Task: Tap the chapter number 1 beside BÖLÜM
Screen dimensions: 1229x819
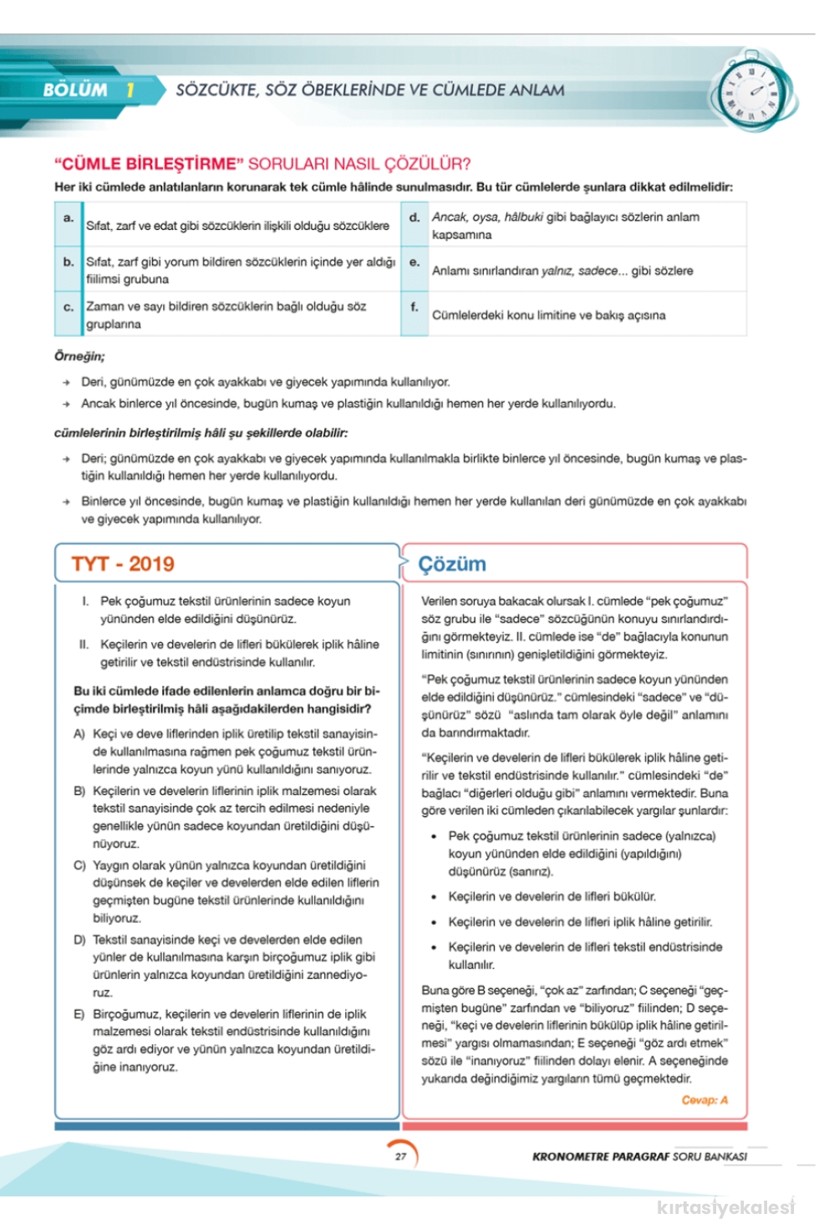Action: pyautogui.click(x=130, y=90)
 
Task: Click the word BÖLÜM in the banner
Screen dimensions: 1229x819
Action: pyautogui.click(x=75, y=90)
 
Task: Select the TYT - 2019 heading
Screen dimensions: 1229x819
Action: pyautogui.click(x=123, y=564)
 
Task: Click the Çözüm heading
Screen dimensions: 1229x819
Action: pyautogui.click(x=452, y=564)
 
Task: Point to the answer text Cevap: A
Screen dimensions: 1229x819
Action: pyautogui.click(x=705, y=1099)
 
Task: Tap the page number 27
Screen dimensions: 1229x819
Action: pyautogui.click(x=401, y=1156)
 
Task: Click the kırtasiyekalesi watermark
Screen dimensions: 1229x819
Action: pyautogui.click(x=725, y=1206)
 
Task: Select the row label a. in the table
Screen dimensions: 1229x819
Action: pyautogui.click(x=69, y=217)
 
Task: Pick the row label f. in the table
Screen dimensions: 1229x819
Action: pyautogui.click(x=415, y=307)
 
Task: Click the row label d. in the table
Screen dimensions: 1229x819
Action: pyautogui.click(x=415, y=217)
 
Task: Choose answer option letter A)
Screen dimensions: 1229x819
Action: pyautogui.click(x=79, y=733)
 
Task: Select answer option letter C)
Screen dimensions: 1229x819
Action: pyautogui.click(x=79, y=865)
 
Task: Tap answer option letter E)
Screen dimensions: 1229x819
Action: pyautogui.click(x=79, y=1014)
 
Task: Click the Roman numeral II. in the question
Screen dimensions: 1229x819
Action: pyautogui.click(x=84, y=644)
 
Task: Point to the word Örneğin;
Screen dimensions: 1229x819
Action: pyautogui.click(x=79, y=356)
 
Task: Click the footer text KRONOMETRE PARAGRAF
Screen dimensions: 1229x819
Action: pyautogui.click(x=601, y=1156)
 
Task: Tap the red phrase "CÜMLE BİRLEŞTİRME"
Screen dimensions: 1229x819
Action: pyautogui.click(x=149, y=164)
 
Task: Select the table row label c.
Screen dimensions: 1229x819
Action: pyautogui.click(x=69, y=307)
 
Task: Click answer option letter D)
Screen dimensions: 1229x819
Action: pyautogui.click(x=79, y=940)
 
